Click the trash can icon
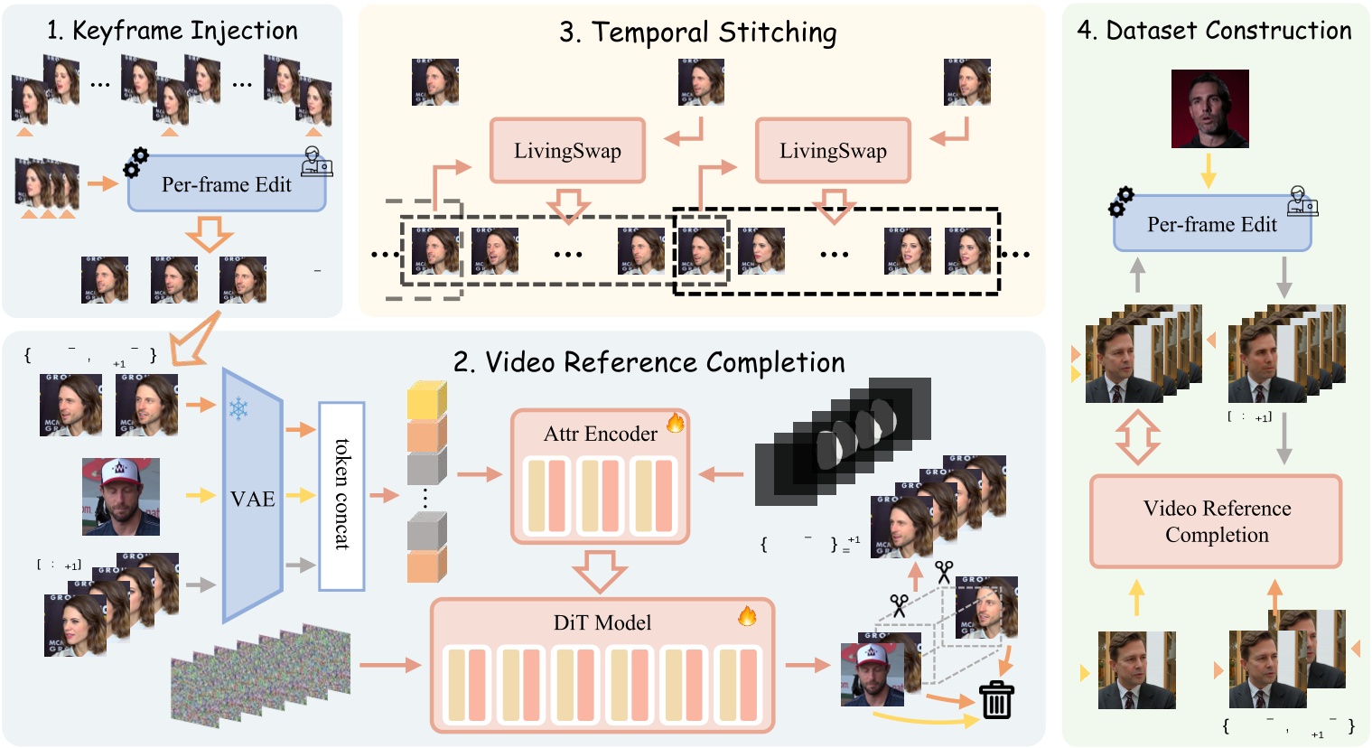click(996, 699)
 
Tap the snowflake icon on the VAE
click(238, 409)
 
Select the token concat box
click(341, 496)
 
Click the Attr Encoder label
click(600, 434)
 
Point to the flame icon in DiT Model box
click(747, 616)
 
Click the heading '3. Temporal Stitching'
click(697, 33)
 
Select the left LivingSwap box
click(567, 151)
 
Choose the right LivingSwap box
click(833, 151)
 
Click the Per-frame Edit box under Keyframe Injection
click(227, 185)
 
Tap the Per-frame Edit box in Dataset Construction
click(1211, 225)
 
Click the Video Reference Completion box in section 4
click(1216, 521)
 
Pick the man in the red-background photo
click(1209, 108)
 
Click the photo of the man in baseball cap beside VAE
click(121, 497)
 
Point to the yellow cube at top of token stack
click(426, 400)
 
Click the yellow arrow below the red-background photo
click(1208, 170)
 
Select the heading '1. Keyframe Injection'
click(172, 31)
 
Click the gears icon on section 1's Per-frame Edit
click(135, 163)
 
